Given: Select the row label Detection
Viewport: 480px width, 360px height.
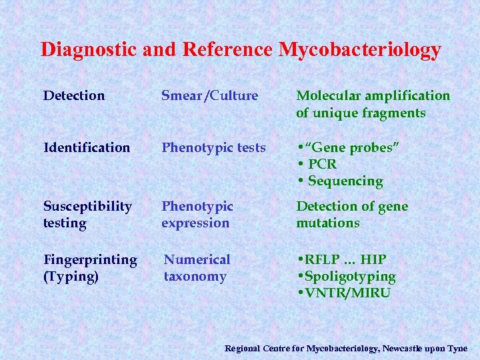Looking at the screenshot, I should coord(74,95).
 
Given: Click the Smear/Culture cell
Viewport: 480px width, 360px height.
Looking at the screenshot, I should coord(209,95).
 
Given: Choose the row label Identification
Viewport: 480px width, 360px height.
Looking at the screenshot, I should coord(87,147).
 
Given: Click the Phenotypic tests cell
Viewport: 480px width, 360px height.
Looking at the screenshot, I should coord(213,147).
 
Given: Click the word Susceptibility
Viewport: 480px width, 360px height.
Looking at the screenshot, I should coord(87,206).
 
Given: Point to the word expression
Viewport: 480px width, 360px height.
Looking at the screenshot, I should coord(195,223).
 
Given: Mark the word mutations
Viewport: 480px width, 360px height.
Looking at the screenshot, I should coord(327,223).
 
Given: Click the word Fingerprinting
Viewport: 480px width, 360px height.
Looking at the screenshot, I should coord(90,259).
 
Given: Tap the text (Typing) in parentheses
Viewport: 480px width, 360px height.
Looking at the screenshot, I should coord(70,277).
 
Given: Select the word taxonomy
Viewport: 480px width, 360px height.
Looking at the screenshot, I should coord(195,277).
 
